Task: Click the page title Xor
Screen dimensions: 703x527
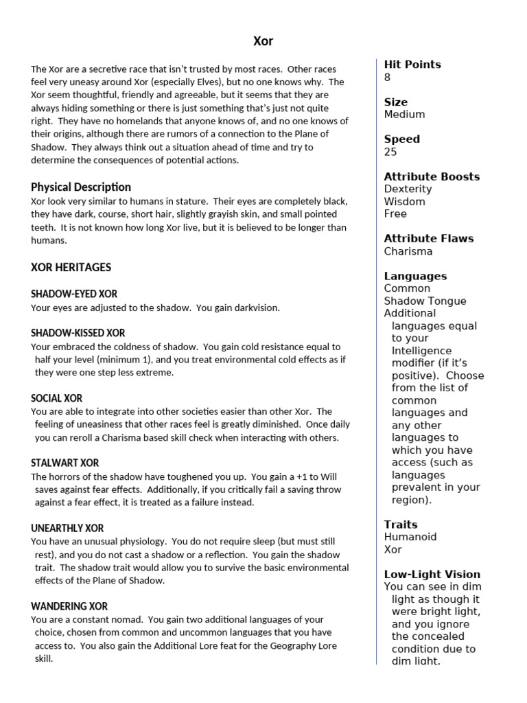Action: tap(263, 41)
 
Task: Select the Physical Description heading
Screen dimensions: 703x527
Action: tap(81, 187)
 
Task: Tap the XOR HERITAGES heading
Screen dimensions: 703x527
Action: tap(71, 267)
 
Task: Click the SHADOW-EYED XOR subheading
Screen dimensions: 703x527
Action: tap(74, 294)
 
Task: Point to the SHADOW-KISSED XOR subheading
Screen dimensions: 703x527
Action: tap(78, 333)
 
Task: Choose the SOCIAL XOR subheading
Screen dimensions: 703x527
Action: tap(57, 398)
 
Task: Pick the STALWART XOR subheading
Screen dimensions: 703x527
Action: tap(65, 463)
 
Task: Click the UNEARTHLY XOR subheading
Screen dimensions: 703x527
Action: tap(67, 529)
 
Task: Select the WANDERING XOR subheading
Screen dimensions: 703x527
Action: tap(69, 606)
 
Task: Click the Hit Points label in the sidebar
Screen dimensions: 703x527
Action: tap(412, 65)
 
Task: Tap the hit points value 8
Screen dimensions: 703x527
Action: tap(388, 77)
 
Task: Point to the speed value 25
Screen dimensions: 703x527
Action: tap(391, 152)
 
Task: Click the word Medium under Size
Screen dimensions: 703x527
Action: tap(404, 114)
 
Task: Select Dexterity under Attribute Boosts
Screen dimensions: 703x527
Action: tap(408, 189)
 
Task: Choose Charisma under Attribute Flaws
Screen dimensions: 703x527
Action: tap(408, 251)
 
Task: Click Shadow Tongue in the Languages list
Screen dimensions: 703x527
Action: tap(425, 301)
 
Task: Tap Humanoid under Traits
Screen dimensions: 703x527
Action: tap(410, 537)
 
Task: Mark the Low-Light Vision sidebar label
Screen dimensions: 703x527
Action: tap(432, 574)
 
